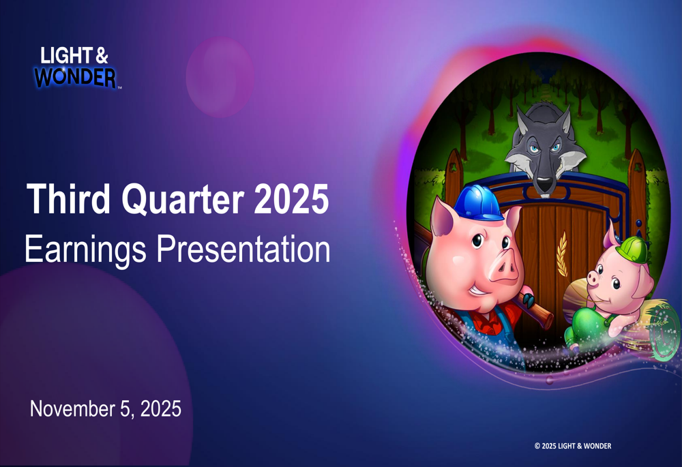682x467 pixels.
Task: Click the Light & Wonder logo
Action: click(x=76, y=67)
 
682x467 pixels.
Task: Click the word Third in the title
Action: click(x=68, y=198)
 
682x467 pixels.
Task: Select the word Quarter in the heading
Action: click(x=182, y=200)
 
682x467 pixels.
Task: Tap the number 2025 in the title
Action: click(x=291, y=198)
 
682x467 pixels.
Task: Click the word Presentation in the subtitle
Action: click(x=243, y=249)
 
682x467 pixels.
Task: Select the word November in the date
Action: click(x=73, y=409)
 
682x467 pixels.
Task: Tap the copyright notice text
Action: click(x=573, y=446)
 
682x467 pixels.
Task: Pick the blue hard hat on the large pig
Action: click(x=479, y=202)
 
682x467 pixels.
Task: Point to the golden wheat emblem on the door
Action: click(x=563, y=254)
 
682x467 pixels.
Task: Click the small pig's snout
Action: click(x=595, y=277)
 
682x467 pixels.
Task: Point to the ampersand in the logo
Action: click(x=101, y=55)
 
